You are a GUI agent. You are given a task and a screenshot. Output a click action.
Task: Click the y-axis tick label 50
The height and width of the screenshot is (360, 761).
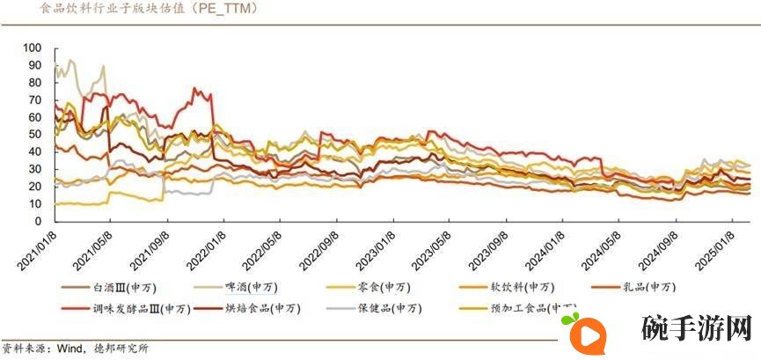(35, 134)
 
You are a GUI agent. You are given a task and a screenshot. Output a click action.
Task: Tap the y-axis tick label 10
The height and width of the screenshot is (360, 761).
(35, 204)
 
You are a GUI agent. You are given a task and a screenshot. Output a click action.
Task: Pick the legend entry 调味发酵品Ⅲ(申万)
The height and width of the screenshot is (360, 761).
(141, 308)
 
